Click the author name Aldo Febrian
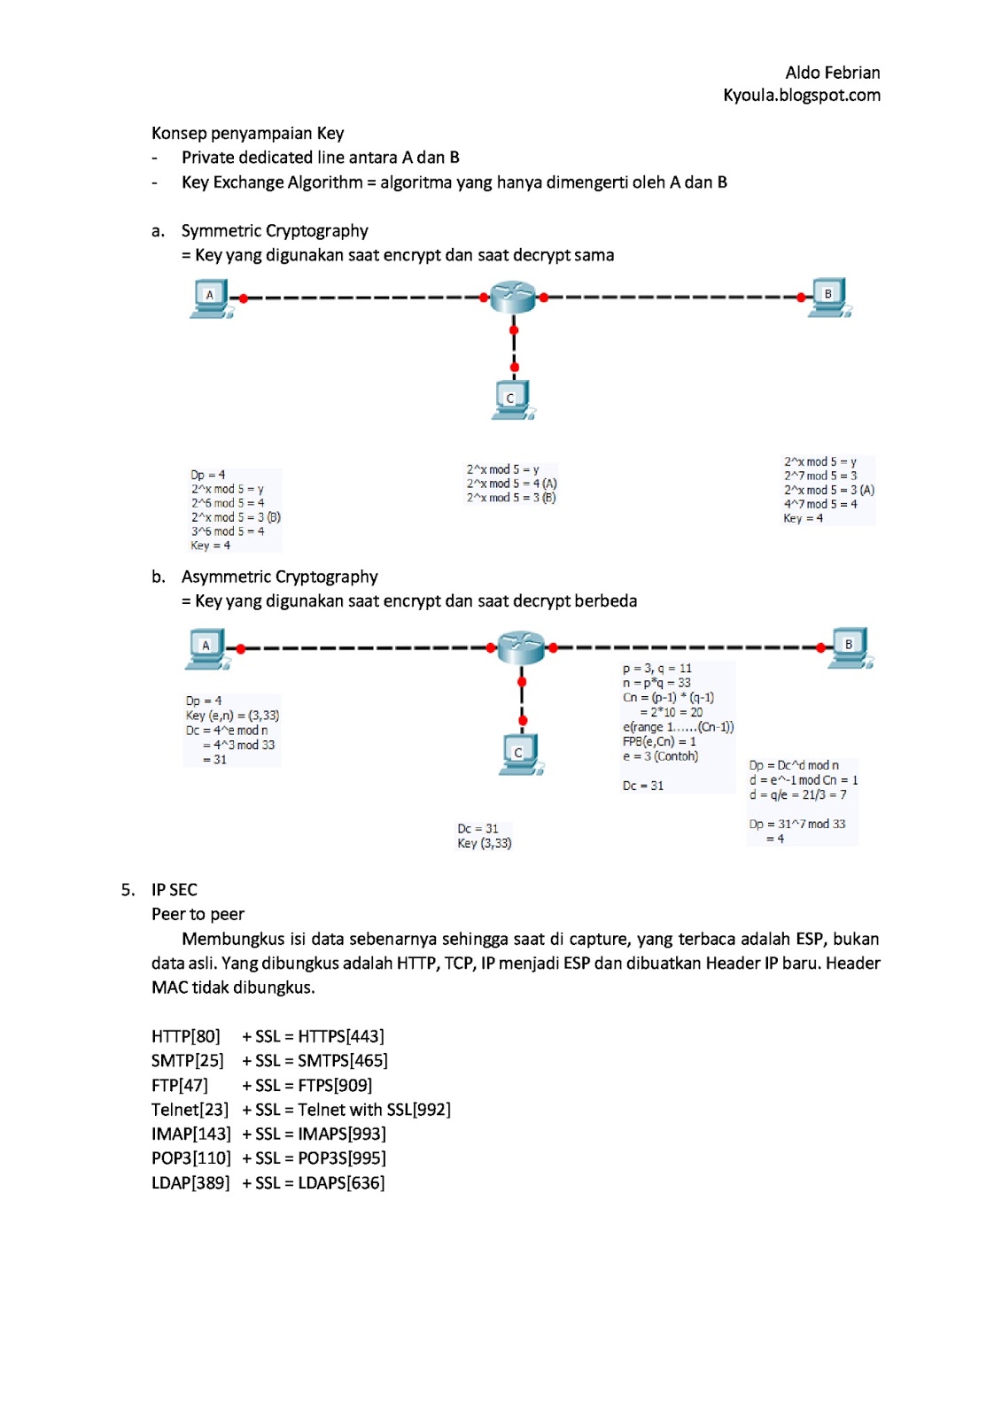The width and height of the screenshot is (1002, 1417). [832, 73]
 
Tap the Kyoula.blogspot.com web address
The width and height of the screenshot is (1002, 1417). [801, 95]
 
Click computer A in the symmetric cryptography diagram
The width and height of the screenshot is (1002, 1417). [211, 298]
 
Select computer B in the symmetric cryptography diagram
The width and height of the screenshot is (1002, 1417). [829, 297]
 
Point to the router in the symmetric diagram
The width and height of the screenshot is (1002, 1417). [513, 297]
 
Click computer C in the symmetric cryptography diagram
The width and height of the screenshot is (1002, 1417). [512, 399]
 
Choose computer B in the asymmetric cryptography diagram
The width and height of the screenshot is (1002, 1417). [851, 647]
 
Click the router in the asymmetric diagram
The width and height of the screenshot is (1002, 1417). [521, 647]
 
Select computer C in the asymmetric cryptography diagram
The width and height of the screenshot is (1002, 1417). [519, 754]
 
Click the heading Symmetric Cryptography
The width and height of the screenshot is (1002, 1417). [275, 231]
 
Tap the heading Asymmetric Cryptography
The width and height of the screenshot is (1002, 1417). [279, 577]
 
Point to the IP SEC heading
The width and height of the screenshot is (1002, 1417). [175, 890]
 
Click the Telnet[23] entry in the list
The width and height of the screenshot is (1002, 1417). [190, 1110]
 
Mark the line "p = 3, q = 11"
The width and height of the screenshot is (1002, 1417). [656, 669]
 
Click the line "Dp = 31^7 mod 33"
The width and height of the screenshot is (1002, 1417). [797, 824]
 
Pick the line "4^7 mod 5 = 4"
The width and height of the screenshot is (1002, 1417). [820, 504]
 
